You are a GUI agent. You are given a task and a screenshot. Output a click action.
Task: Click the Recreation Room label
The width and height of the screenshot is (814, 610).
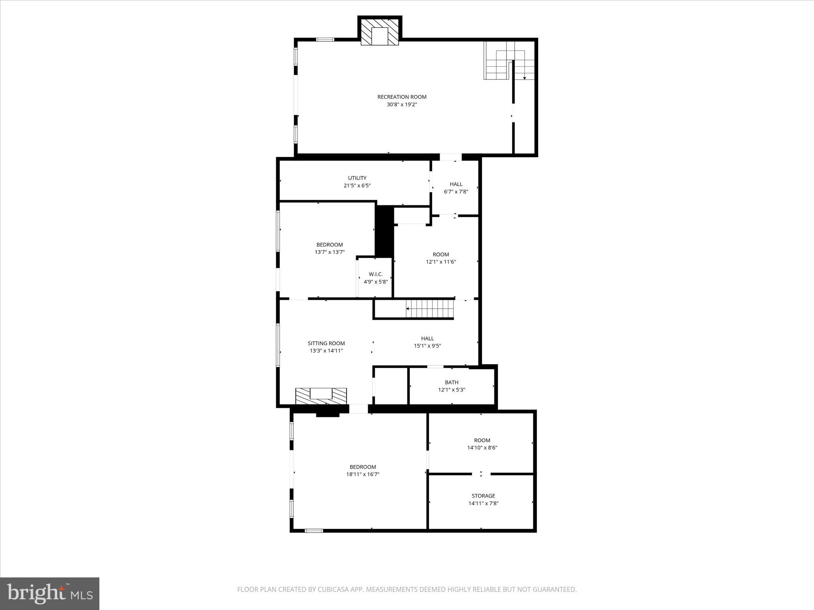click(x=402, y=97)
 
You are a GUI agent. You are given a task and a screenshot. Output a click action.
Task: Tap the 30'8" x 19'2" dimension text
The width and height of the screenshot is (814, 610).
click(x=402, y=105)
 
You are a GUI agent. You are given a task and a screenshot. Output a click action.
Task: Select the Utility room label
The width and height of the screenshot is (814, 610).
click(x=357, y=178)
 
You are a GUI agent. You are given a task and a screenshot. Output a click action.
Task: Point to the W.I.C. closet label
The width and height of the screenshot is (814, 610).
click(x=376, y=274)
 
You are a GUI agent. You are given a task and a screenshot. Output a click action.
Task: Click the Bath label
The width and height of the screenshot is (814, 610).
click(x=452, y=382)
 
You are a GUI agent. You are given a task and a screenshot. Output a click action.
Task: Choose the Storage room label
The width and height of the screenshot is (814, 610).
click(x=483, y=496)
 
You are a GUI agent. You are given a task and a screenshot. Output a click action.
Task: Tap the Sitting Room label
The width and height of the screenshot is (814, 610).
click(x=326, y=343)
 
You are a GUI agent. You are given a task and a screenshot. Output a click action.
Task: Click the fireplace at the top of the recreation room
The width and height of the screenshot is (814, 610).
click(x=380, y=36)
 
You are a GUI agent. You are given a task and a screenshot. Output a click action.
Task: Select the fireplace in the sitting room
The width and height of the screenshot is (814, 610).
click(x=321, y=395)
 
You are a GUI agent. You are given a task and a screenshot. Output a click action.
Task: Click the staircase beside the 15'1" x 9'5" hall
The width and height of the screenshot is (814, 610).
click(x=429, y=309)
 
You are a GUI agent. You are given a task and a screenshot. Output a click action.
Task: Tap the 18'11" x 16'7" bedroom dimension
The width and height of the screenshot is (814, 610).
click(x=362, y=474)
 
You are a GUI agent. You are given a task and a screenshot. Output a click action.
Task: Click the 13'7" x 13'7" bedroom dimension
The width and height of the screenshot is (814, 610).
click(x=329, y=252)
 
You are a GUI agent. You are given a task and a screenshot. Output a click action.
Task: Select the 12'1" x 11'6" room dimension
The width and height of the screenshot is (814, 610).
click(x=441, y=262)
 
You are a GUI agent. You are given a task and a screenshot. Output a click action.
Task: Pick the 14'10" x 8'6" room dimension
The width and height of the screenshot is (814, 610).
click(x=482, y=448)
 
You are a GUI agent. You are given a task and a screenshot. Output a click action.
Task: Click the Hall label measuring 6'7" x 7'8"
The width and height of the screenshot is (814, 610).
click(x=456, y=184)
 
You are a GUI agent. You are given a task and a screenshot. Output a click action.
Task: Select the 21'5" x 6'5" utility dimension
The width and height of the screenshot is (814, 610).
click(x=357, y=185)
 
